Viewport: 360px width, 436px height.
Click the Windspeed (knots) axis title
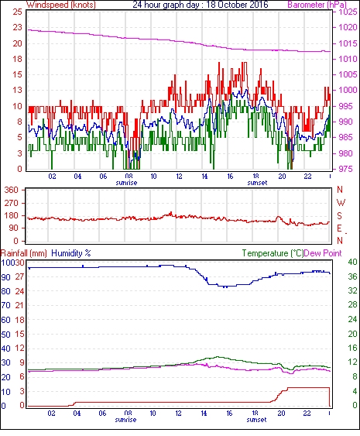pyautogui.click(x=61, y=5)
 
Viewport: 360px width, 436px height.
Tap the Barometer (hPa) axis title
pyautogui.click(x=317, y=5)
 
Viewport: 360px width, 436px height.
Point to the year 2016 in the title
pyautogui.click(x=259, y=5)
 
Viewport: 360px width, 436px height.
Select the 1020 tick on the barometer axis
pyautogui.click(x=348, y=27)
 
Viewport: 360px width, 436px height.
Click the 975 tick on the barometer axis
pyautogui.click(x=346, y=169)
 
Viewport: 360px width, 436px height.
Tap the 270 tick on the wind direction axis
pyautogui.click(x=11, y=203)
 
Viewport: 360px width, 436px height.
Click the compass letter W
pyautogui.click(x=341, y=203)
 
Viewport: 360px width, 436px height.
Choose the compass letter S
pyautogui.click(x=339, y=215)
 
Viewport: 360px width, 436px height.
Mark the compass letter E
pyautogui.click(x=339, y=228)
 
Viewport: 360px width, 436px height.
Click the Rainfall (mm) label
pyautogui.click(x=24, y=253)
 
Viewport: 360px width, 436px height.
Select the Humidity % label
pyautogui.click(x=71, y=253)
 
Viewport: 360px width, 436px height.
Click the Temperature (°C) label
pyautogui.click(x=273, y=253)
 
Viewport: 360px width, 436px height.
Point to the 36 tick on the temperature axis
pyautogui.click(x=352, y=276)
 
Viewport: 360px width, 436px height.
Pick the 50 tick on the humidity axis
pyautogui.click(x=6, y=335)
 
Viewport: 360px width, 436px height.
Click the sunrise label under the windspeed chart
pyautogui.click(x=126, y=183)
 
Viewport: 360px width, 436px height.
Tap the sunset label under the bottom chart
pyautogui.click(x=256, y=419)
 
